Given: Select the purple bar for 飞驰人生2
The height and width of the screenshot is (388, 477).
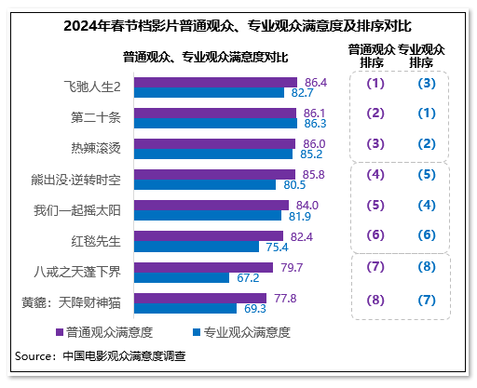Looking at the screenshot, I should click(x=215, y=82).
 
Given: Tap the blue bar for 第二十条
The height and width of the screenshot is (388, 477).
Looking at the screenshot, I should click(x=215, y=123).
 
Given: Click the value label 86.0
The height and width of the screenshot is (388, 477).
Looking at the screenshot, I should click(x=315, y=143).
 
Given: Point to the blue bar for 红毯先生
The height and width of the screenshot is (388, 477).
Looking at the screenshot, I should click(x=197, y=248).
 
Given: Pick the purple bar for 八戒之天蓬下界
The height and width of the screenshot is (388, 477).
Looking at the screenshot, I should click(x=204, y=267).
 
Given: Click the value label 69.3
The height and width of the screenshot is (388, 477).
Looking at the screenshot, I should click(x=255, y=308).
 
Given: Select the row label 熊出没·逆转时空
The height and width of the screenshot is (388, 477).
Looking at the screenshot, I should click(x=77, y=178).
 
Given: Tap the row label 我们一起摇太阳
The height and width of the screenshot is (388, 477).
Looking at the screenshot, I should click(x=78, y=209).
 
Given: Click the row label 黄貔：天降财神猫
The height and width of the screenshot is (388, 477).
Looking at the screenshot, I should click(x=72, y=302).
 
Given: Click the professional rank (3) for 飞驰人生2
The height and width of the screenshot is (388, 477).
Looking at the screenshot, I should click(x=427, y=84).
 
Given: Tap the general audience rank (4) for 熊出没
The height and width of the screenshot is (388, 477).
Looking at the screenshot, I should click(x=375, y=175).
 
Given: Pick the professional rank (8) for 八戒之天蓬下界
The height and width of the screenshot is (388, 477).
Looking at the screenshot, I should click(x=427, y=267).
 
